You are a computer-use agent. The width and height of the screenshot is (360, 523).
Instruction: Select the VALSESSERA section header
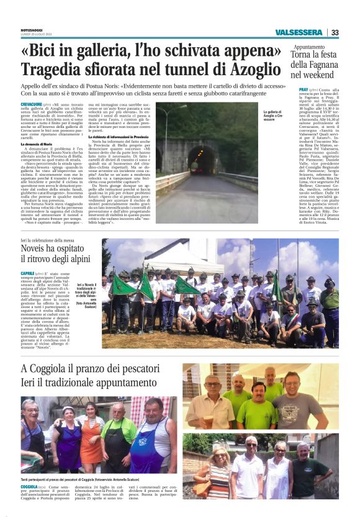tap(299, 32)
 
